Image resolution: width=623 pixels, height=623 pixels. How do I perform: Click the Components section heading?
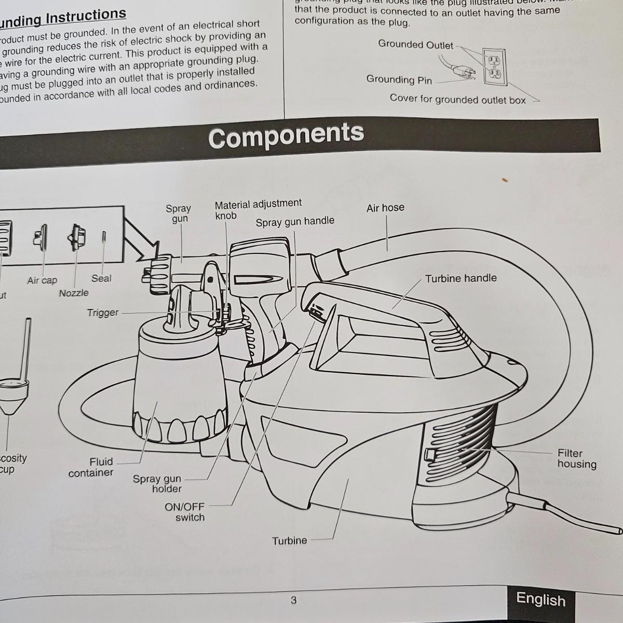(x=286, y=136)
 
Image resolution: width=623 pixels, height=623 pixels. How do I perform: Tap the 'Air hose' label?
(x=385, y=208)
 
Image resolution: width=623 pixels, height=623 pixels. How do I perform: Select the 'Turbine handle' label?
(x=461, y=278)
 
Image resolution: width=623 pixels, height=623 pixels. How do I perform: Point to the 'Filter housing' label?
(x=576, y=459)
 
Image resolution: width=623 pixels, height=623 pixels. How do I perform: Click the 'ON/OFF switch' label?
(x=185, y=512)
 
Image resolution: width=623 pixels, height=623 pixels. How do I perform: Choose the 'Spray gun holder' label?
(x=157, y=484)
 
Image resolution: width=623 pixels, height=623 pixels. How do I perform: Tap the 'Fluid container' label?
(x=91, y=467)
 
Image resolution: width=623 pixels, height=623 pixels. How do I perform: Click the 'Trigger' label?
(x=103, y=313)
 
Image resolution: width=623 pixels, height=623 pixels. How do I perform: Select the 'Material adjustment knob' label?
(x=258, y=209)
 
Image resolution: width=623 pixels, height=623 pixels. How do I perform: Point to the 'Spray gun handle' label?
(x=295, y=222)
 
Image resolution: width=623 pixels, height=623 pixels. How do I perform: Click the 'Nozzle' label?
(x=74, y=293)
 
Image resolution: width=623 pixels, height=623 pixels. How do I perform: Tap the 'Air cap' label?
(x=42, y=280)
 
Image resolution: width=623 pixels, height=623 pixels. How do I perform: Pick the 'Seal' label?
(x=101, y=278)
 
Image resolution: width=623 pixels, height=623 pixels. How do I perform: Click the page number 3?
(x=293, y=601)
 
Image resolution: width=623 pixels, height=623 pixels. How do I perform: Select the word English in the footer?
(x=540, y=600)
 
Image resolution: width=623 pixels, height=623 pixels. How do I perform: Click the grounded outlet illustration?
(x=494, y=67)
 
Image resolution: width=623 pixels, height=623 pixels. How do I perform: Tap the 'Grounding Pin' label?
(x=399, y=79)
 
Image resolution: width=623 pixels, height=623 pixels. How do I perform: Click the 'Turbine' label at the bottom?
(x=290, y=540)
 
